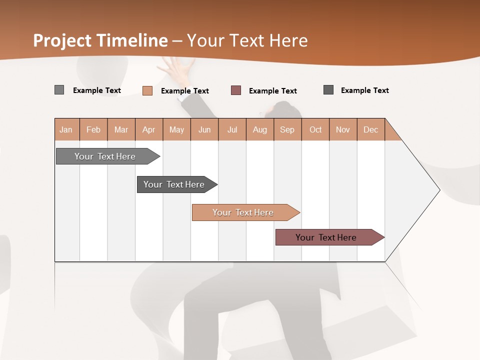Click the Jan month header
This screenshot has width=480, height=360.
pos(66,129)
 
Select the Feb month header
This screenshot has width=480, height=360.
pos(93,129)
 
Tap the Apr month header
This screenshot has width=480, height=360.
pos(148,129)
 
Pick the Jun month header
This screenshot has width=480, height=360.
pos(204,129)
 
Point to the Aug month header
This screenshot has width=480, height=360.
pos(259,129)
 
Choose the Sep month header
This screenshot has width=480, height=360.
pos(287,129)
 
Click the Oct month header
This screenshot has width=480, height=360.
pos(315,129)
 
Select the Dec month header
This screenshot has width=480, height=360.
pos(370,129)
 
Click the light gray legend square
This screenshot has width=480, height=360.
pos(59,90)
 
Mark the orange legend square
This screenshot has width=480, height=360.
pos(147,90)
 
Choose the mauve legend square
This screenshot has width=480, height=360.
pos(236,90)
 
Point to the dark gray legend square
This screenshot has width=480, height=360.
pos(328,90)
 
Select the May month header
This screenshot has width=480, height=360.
pos(176,129)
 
